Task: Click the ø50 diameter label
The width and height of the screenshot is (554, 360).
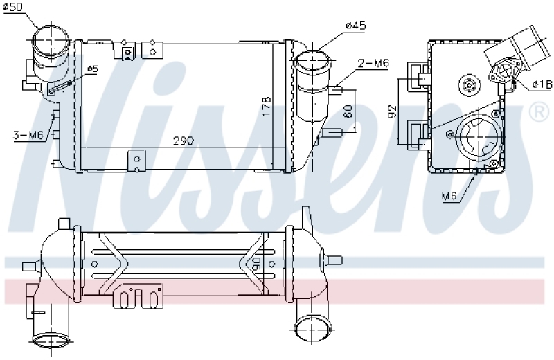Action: (x=13, y=8)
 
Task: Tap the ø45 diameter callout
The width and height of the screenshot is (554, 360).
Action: (x=356, y=26)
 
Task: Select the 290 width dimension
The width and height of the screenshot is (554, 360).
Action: (x=184, y=141)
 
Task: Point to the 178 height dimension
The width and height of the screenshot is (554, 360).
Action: (x=267, y=107)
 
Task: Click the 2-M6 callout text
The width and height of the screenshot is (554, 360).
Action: (x=373, y=63)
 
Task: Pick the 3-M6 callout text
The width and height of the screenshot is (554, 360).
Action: (x=28, y=135)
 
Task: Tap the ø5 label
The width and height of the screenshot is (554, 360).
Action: (x=93, y=69)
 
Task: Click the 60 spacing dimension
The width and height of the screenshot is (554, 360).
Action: (x=348, y=111)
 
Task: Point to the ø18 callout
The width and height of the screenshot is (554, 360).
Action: (x=542, y=84)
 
